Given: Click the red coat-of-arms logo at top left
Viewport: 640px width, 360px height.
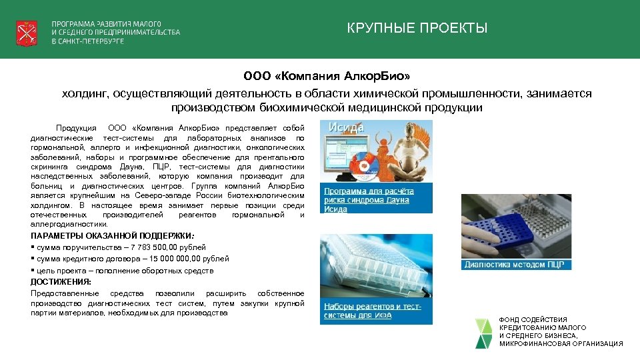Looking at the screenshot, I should tap(27, 31).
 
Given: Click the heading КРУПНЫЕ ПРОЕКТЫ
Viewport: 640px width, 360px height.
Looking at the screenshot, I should tap(417, 28).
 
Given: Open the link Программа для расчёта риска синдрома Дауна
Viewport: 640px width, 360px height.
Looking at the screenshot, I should tap(369, 199).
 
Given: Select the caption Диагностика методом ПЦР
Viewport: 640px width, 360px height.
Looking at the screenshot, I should tap(514, 265).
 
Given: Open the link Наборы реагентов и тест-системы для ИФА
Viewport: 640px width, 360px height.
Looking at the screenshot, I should tap(372, 311).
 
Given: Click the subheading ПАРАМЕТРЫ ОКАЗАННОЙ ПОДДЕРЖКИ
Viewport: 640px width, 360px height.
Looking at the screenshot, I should tap(111, 236).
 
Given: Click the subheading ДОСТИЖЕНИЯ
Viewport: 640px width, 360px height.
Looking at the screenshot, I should tap(61, 281).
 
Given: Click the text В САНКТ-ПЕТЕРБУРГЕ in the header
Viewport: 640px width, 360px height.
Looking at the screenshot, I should tap(88, 41).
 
